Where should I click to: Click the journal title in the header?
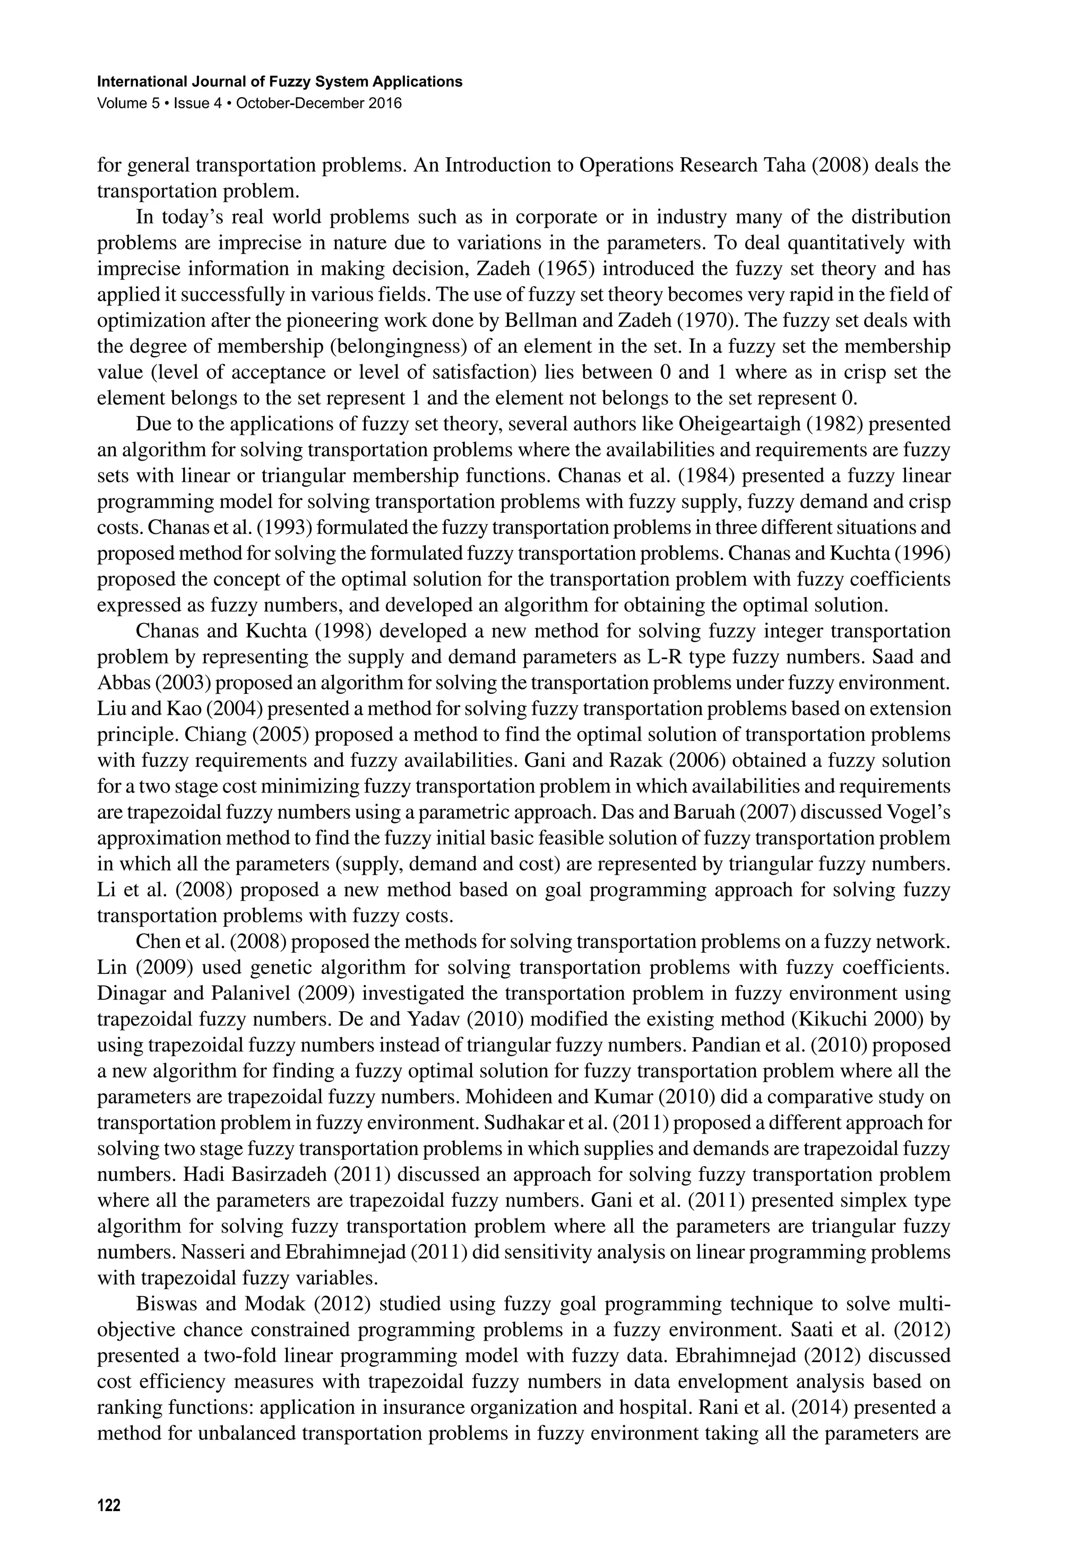tap(280, 82)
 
